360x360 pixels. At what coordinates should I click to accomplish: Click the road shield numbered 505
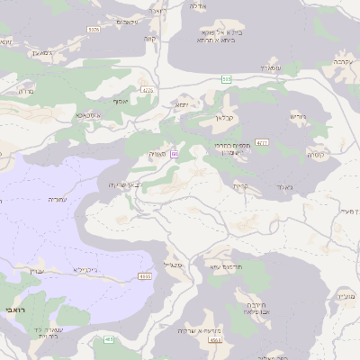point(227,80)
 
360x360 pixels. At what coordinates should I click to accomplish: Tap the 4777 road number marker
point(262,142)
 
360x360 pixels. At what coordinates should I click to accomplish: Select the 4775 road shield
point(148,90)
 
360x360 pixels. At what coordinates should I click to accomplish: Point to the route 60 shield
point(174,155)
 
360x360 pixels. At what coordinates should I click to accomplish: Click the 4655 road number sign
point(144,275)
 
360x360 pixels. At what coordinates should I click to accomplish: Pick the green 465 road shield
point(109,339)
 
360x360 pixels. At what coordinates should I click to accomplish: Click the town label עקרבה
point(341,61)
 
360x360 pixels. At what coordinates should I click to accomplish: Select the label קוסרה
point(315,155)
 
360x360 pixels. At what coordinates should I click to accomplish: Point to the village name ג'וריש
point(298,116)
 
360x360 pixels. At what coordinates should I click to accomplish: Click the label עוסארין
point(271,67)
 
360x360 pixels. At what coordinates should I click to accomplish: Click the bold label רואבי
point(15,309)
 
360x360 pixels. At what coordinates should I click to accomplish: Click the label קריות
point(240,186)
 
